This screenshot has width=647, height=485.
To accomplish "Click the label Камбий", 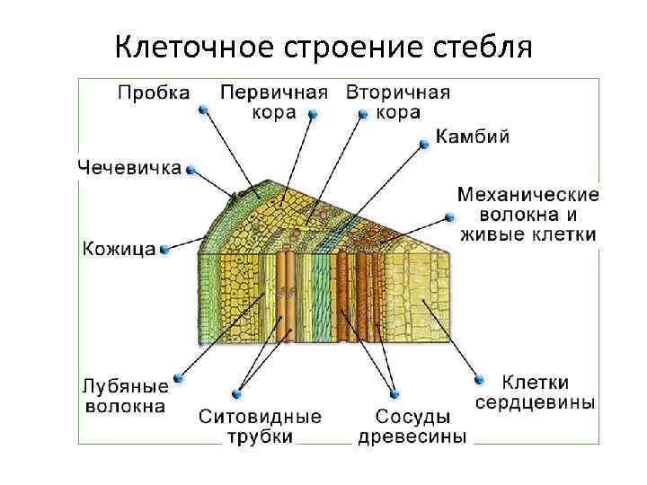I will [474, 137].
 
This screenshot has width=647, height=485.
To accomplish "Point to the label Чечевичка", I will [129, 167].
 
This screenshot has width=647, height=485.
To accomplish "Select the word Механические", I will [528, 194].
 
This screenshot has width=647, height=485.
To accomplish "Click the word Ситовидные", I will [260, 417].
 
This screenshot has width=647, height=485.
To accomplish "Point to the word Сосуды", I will [412, 417].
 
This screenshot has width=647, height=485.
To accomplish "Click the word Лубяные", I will [125, 387].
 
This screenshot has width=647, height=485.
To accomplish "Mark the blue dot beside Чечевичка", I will [191, 168].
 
